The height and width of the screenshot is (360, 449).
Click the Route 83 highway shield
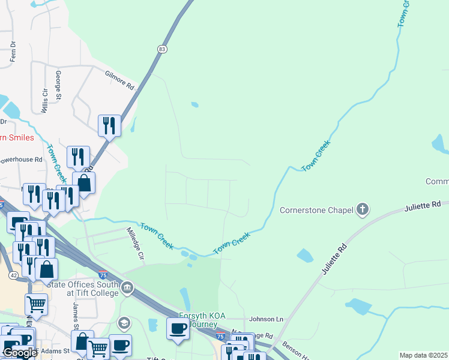[x=162, y=50]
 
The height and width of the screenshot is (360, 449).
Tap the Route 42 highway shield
[x=13, y=275]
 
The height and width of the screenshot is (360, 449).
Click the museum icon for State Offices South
[x=127, y=289]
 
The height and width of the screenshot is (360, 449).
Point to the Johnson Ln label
[x=266, y=319]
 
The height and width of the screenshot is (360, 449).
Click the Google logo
[x=19, y=353]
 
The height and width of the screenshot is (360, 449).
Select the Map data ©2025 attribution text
[x=423, y=355]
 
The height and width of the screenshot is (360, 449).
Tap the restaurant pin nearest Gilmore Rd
[x=109, y=125]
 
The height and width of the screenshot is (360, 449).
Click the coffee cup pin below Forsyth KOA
[x=177, y=329]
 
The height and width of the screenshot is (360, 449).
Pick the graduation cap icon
[x=124, y=324]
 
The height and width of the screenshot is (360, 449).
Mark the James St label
[x=76, y=314]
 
